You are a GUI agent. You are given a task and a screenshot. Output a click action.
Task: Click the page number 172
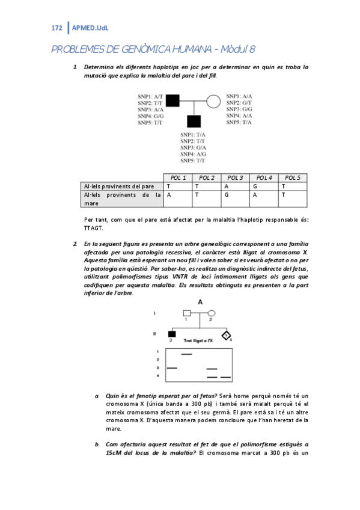tap(57, 28)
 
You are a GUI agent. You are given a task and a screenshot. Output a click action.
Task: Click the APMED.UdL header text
tap(90, 28)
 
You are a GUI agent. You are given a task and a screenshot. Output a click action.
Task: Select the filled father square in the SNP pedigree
tap(172, 100)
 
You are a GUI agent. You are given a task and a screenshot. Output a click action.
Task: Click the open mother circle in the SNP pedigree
tap(212, 100)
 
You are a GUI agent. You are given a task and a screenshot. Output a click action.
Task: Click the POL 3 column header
tap(235, 178)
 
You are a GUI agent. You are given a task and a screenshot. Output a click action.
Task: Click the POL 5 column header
tap(293, 178)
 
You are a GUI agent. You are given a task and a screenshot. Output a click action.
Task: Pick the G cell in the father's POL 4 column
tap(254, 186)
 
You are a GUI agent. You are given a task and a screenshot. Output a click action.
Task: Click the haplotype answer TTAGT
tap(95, 228)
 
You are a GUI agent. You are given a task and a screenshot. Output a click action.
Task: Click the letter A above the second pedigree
tap(199, 301)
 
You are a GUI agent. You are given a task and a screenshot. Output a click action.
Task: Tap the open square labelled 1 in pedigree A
tap(187, 313)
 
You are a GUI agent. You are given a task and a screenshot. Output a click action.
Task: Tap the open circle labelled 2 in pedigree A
tap(212, 313)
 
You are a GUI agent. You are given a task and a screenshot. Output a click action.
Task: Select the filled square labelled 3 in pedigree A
tap(172, 334)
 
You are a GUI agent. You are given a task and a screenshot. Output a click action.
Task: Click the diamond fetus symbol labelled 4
tap(226, 334)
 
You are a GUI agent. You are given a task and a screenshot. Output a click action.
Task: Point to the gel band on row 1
tap(187, 354)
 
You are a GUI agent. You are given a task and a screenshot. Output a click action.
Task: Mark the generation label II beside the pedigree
tap(156, 333)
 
